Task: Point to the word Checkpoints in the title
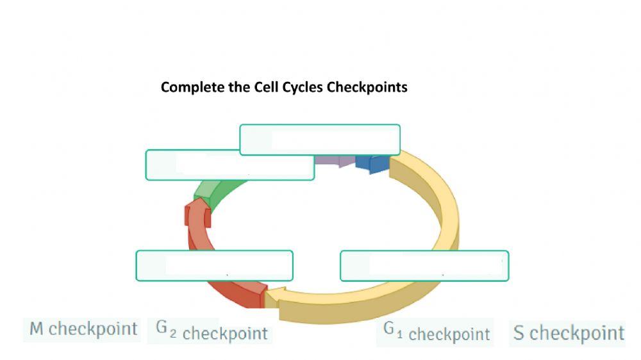point(367,87)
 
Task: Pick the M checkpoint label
point(83,329)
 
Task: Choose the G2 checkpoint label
point(212,332)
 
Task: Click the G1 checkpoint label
point(437,332)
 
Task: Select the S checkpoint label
point(569,333)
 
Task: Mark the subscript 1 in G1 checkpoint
point(400,334)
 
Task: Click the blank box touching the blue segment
point(320,140)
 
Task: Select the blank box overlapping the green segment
point(230,165)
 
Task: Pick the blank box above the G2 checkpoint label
point(214,266)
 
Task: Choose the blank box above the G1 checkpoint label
point(424,266)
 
